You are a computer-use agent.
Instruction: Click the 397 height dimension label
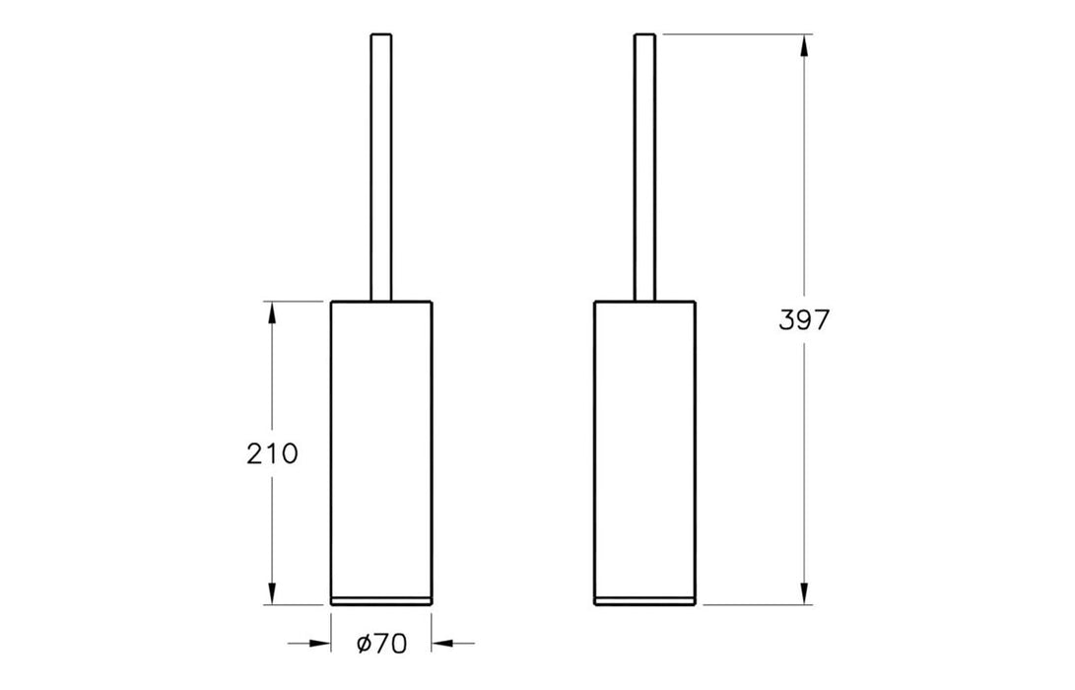[806, 320]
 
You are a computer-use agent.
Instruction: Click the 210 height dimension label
[272, 453]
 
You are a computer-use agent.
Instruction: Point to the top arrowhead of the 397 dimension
[806, 45]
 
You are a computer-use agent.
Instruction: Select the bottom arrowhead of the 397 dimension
[806, 593]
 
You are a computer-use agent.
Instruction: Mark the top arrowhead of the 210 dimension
[272, 311]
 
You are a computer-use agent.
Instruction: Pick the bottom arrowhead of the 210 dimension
[272, 593]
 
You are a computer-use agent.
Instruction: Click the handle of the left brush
[381, 168]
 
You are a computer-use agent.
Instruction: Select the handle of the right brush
[644, 168]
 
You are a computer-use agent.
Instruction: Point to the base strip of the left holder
[381, 600]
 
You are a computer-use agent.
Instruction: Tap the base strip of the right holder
[644, 600]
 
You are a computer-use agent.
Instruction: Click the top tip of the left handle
[381, 36]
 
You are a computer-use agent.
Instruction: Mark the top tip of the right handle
[644, 36]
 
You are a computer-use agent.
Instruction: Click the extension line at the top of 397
[734, 34]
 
